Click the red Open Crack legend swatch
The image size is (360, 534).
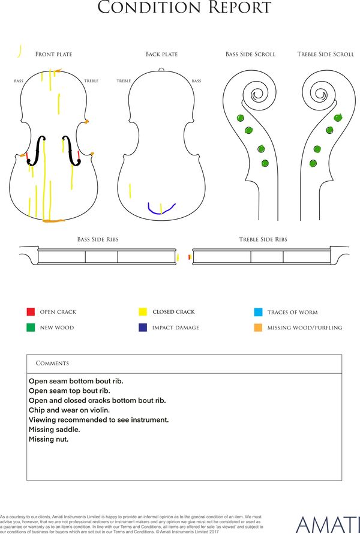pyautogui.click(x=31, y=311)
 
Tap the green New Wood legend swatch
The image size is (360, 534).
pyautogui.click(x=31, y=327)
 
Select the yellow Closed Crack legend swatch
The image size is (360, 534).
pyautogui.click(x=143, y=311)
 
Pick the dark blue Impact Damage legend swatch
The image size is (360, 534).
pyautogui.click(x=143, y=327)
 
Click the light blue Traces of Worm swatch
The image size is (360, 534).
pyautogui.click(x=258, y=312)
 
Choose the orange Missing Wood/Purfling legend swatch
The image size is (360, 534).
pyautogui.click(x=258, y=328)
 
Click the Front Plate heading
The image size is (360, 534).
pyautogui.click(x=54, y=54)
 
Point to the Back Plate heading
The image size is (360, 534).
pyautogui.click(x=161, y=54)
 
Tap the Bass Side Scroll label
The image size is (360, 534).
pyautogui.click(x=250, y=54)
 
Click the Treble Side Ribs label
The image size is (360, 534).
pyautogui.click(x=263, y=239)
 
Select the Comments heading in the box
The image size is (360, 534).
pyautogui.click(x=52, y=363)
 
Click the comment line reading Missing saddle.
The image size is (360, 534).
pyautogui.click(x=55, y=430)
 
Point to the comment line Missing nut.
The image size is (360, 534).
pyautogui.click(x=49, y=439)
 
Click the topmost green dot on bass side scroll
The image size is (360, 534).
pyautogui.click(x=241, y=118)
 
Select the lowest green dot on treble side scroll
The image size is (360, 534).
pyautogui.click(x=313, y=163)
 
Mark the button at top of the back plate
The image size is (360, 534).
pyautogui.click(x=161, y=70)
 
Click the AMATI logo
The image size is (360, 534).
pyautogui.click(x=328, y=525)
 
